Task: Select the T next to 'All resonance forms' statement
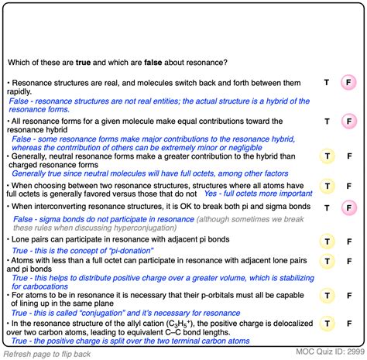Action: pyautogui.click(x=327, y=122)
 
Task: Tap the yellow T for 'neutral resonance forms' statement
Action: pyautogui.click(x=327, y=156)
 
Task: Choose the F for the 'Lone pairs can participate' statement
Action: pyautogui.click(x=349, y=241)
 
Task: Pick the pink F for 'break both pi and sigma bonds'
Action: pyautogui.click(x=349, y=207)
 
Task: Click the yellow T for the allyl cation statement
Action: pyautogui.click(x=327, y=324)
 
